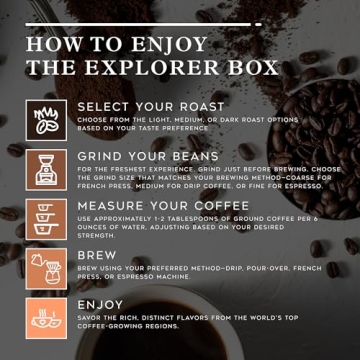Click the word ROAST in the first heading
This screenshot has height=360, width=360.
195,106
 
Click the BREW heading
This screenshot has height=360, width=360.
98,255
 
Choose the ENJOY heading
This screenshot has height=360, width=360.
100,303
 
